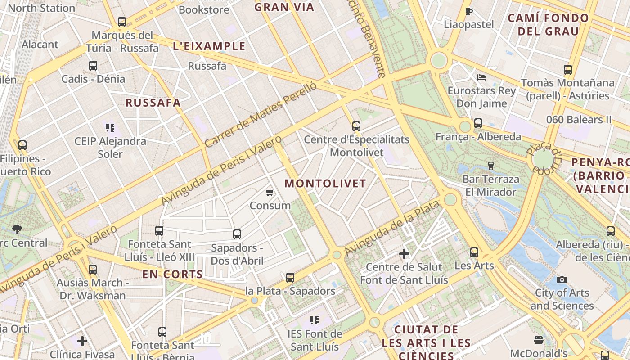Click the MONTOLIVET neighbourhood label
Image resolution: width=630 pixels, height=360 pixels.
pos(325,184)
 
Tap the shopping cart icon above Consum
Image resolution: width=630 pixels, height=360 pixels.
pos(270,193)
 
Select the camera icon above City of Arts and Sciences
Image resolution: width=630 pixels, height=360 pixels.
pos(562,280)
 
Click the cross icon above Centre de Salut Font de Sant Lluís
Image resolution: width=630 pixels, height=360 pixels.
pos(404,254)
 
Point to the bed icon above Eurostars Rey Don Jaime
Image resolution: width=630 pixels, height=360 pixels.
pos(481,77)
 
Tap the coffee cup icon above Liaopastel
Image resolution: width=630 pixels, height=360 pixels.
pos(468,11)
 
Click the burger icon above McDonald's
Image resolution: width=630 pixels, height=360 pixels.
pos(538,340)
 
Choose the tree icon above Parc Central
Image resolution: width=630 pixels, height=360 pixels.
pos(17,229)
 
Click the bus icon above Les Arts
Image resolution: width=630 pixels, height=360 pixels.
pos(474,252)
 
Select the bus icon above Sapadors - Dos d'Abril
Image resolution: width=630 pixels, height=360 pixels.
pos(237,234)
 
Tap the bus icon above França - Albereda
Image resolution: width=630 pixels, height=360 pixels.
pos(478,123)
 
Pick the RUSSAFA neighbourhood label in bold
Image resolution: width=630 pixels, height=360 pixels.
pos(153,103)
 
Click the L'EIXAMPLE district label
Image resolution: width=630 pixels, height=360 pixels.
pos(209,46)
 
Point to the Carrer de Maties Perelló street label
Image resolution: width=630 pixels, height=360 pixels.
pos(261,115)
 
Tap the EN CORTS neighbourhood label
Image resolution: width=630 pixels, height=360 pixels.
pos(172,274)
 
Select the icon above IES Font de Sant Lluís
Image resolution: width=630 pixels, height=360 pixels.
pos(315,320)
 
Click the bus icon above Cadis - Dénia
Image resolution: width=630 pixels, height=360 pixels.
pos(93,66)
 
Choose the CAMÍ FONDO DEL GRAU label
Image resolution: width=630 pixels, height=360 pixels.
pos(548,25)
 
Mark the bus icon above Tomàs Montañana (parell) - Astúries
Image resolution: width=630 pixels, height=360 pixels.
pos(567,70)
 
